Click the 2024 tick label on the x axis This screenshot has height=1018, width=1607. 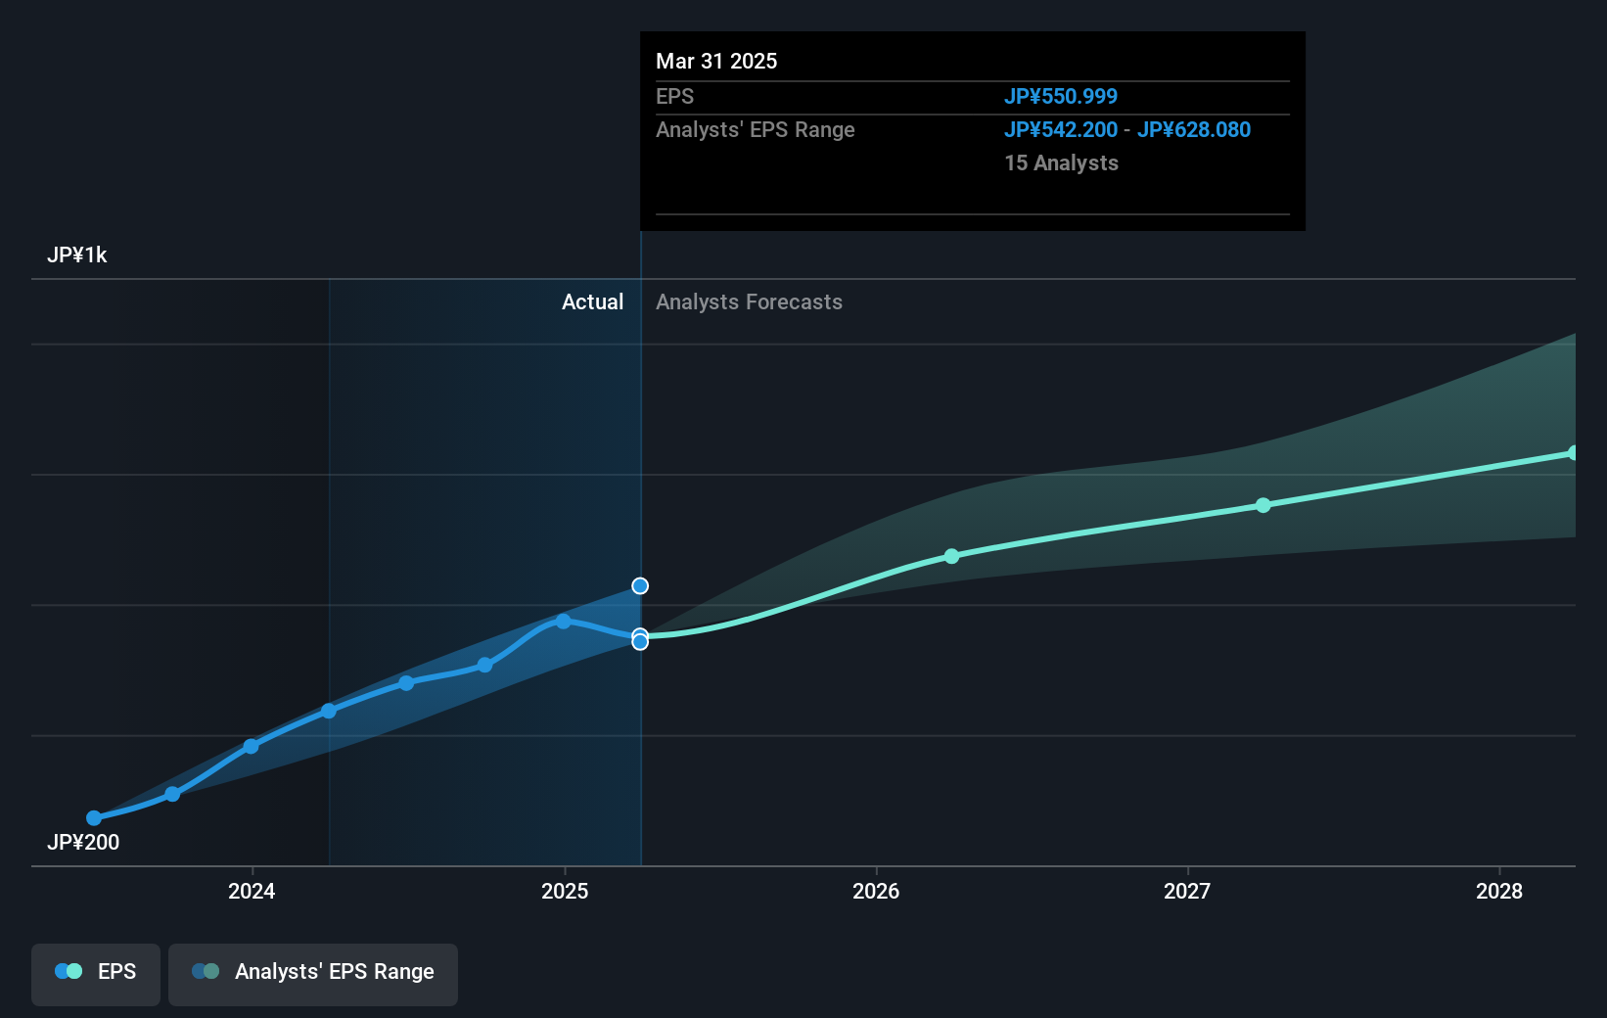pos(252,891)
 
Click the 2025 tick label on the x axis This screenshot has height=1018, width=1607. pos(565,891)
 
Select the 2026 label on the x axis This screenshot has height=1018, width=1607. pos(876,891)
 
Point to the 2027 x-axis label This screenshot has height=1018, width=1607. pos(1187,891)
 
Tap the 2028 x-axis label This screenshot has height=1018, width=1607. pos(1499,891)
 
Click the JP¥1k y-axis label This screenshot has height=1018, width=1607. pos(77,255)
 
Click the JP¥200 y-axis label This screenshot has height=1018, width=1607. pos(83,842)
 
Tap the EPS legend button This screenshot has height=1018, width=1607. pos(96,972)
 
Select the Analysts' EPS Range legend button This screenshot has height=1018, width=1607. pos(313,972)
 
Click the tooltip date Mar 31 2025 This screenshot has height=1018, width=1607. pos(716,62)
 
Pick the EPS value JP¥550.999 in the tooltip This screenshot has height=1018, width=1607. pos(1060,97)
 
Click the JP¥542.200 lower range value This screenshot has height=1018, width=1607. pos(1060,130)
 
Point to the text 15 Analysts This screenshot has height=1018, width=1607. pos(1061,163)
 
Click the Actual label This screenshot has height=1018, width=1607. pos(592,302)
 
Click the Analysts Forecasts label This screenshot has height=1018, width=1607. pos(749,302)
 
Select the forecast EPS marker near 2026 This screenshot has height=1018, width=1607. pos(952,556)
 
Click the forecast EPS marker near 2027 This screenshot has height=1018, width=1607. pos(1263,505)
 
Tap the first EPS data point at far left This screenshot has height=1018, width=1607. pos(94,818)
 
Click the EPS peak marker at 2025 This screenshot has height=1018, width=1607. pos(564,622)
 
